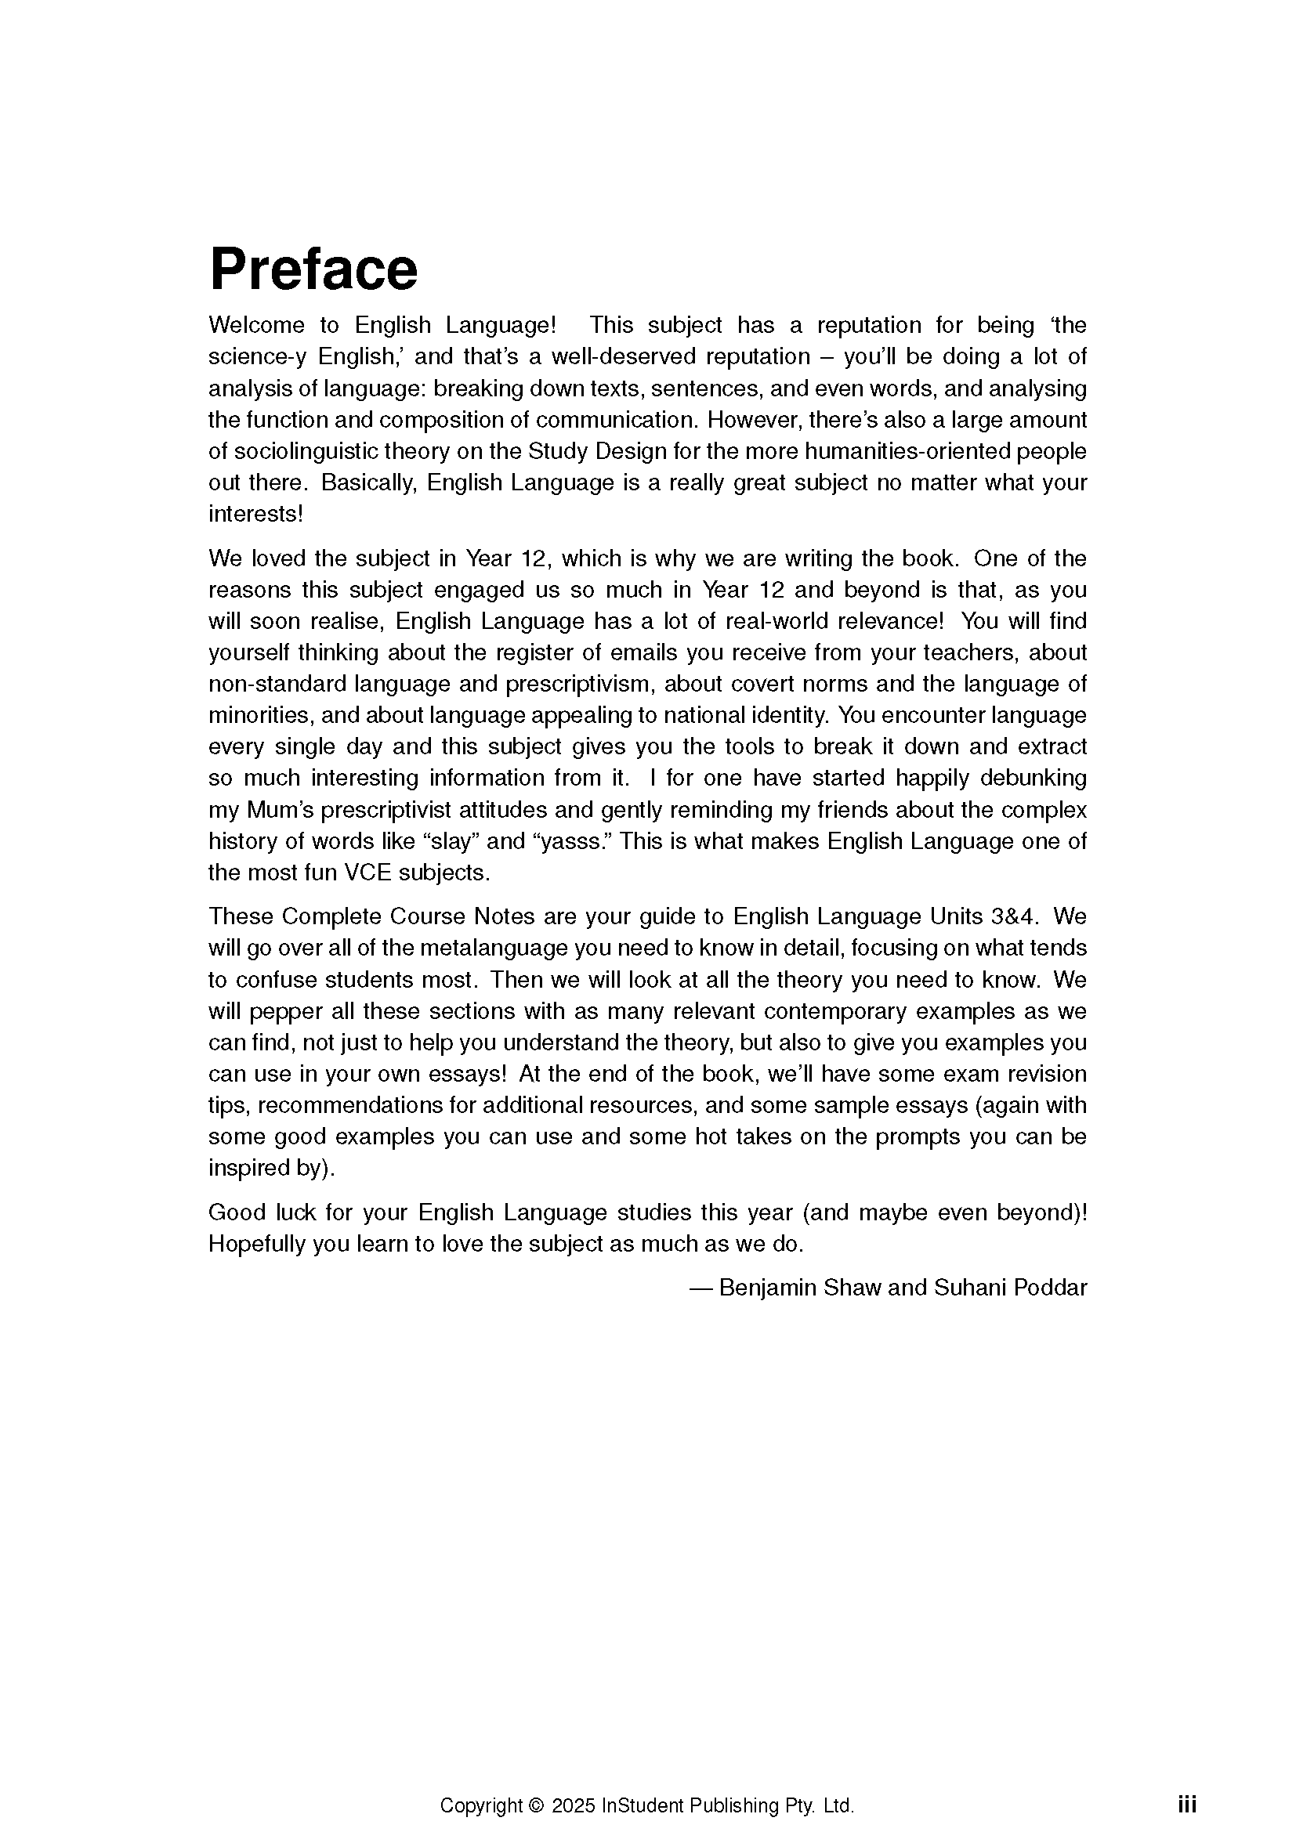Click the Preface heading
[313, 269]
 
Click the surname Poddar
[1050, 1288]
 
